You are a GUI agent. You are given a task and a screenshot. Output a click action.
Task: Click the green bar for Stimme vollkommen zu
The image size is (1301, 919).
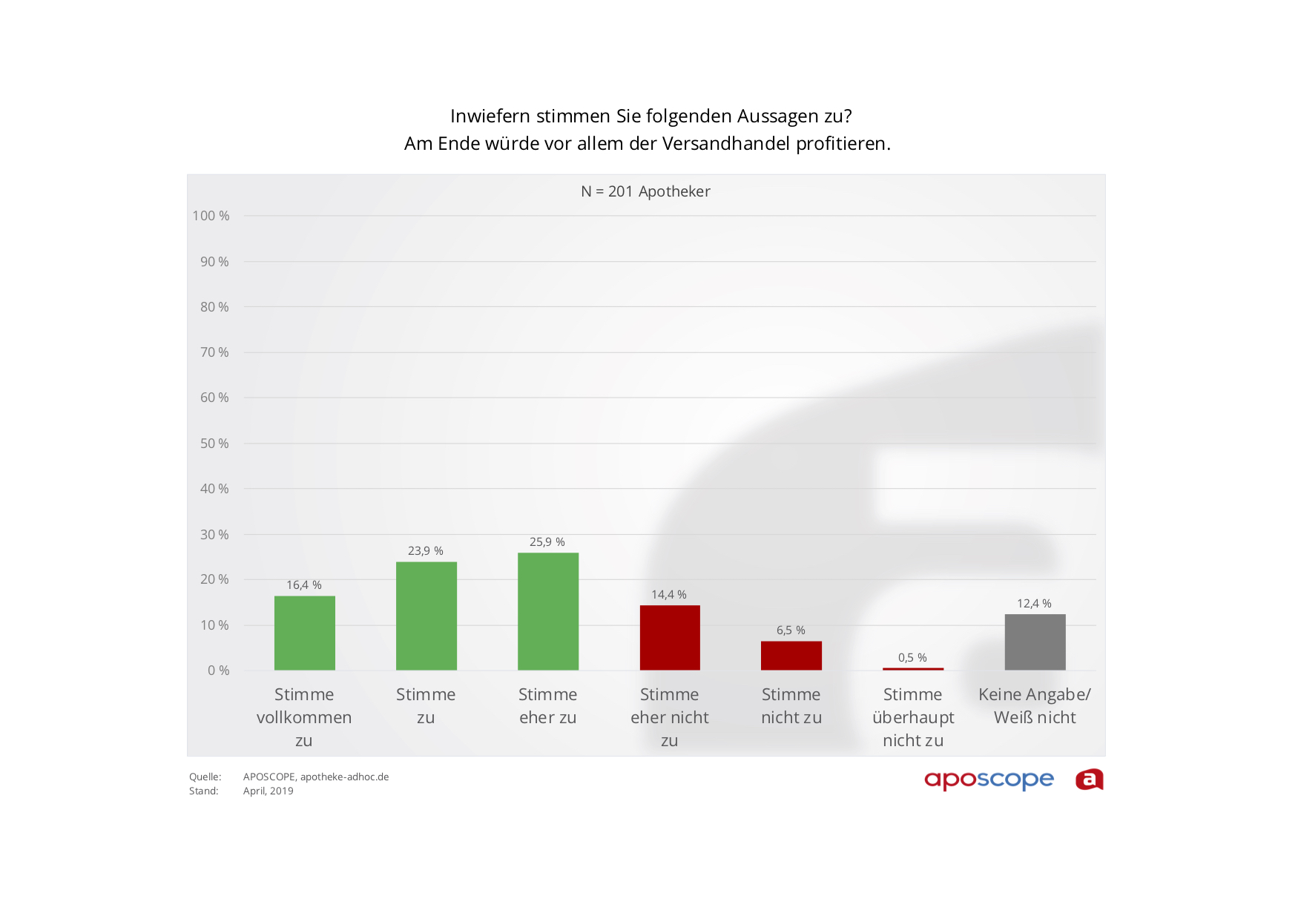click(x=304, y=633)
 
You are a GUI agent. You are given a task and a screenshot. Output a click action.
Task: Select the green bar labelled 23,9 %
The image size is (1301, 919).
click(x=426, y=616)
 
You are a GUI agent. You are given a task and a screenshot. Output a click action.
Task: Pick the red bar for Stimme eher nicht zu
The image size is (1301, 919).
click(x=670, y=637)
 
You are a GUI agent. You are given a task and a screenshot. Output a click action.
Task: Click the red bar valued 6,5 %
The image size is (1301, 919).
click(x=791, y=656)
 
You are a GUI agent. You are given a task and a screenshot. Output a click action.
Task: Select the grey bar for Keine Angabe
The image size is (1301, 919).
click(x=1035, y=642)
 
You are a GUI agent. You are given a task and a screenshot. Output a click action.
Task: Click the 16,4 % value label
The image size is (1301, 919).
click(x=304, y=585)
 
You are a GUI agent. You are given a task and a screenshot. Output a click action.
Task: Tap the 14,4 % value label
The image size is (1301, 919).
click(x=669, y=595)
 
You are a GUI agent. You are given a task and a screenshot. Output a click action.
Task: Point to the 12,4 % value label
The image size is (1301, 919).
click(x=1034, y=604)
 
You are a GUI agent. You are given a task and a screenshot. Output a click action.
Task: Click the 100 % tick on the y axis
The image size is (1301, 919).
click(x=211, y=216)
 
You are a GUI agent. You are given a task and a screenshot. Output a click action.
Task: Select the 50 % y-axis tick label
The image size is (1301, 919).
click(x=214, y=444)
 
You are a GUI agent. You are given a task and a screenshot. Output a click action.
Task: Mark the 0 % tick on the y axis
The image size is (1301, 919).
click(x=219, y=671)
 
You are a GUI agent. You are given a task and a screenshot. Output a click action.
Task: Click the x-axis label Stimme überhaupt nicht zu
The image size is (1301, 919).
click(x=913, y=717)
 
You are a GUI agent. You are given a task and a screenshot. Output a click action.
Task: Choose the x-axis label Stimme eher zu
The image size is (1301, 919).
click(x=547, y=706)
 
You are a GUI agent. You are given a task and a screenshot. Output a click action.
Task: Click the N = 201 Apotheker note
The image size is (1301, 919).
click(x=645, y=191)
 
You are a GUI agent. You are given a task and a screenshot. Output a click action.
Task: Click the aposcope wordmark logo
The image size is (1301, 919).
click(x=989, y=780)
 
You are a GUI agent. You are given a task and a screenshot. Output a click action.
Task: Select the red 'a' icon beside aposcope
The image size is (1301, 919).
click(x=1089, y=780)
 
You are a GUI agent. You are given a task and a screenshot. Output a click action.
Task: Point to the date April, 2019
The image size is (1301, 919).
click(x=268, y=791)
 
